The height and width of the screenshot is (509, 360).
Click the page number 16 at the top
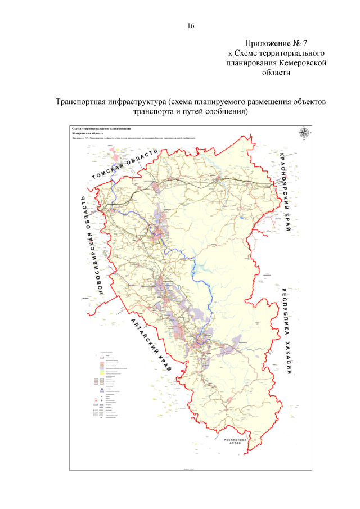(190, 26)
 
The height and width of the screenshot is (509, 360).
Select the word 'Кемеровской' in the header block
(304, 63)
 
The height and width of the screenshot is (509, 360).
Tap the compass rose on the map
(304, 133)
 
